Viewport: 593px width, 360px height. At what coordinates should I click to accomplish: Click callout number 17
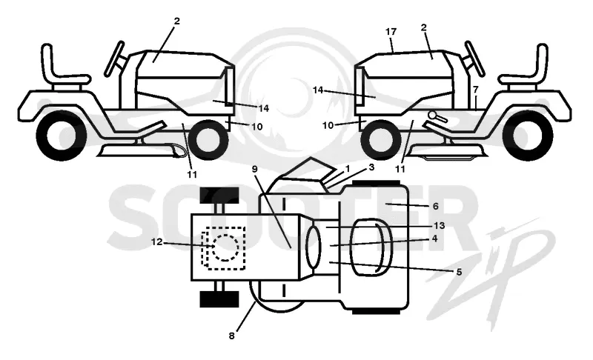point(391,32)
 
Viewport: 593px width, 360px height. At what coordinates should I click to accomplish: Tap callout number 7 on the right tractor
point(476,90)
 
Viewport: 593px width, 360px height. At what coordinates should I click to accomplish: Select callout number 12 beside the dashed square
point(156,241)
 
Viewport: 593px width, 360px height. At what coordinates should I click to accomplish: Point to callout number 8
point(232,336)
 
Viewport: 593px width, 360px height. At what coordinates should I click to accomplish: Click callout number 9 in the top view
point(254,169)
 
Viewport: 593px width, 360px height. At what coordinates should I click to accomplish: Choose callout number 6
point(435,206)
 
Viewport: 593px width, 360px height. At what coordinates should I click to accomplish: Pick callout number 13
point(439,225)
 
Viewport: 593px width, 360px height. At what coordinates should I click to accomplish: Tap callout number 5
point(459,272)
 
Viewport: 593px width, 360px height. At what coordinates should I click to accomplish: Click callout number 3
point(371,167)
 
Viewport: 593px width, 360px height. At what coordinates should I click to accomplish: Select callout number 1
point(348,168)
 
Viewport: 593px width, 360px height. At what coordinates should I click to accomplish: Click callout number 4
point(435,239)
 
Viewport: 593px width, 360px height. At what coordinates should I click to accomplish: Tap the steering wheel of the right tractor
point(475,59)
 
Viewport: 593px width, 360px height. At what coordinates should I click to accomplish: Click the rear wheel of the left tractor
point(62,136)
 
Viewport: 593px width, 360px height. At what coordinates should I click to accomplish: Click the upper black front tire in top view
point(219,195)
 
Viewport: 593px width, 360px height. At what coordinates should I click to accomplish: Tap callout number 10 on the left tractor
point(256,127)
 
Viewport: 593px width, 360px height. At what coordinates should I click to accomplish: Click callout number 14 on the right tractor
point(318,90)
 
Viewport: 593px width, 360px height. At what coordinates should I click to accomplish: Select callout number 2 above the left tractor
point(176,21)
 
